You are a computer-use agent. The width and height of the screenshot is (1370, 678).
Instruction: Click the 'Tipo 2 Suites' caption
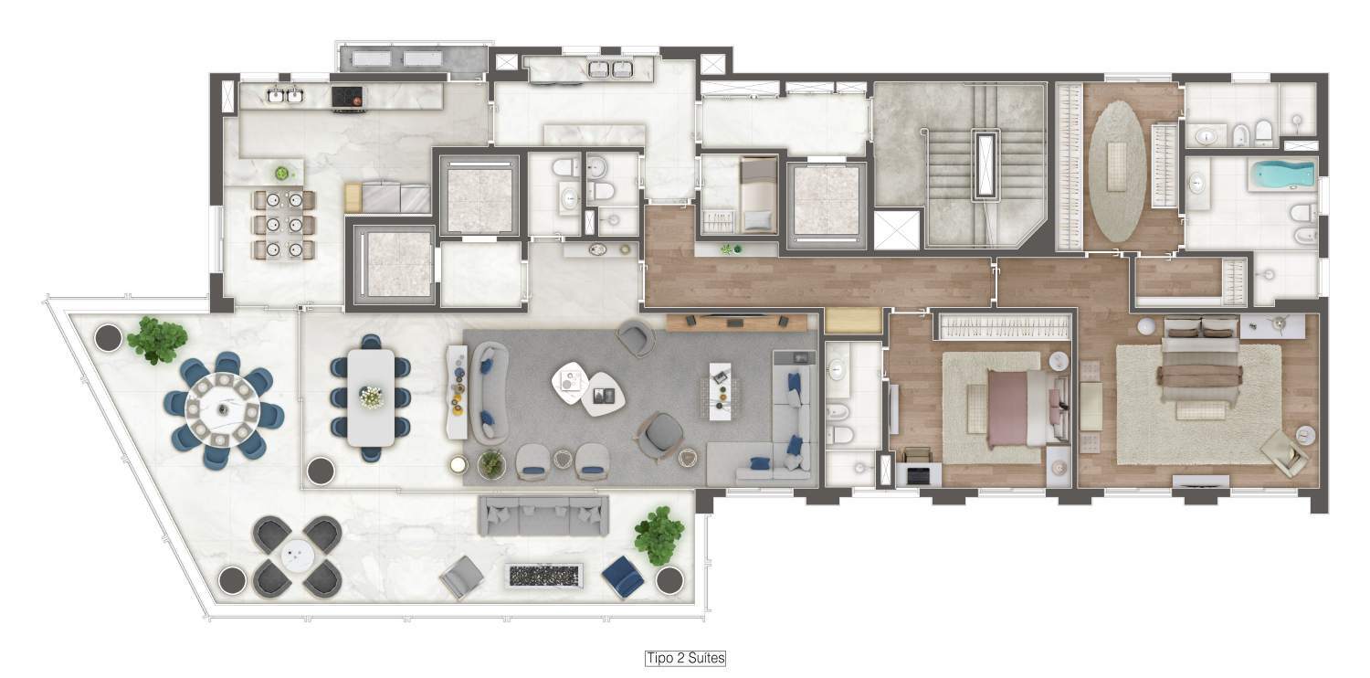coord(686,659)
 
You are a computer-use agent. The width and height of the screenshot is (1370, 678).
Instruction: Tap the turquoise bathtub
coord(1282,175)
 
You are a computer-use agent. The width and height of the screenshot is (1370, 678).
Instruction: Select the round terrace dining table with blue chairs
coord(223,409)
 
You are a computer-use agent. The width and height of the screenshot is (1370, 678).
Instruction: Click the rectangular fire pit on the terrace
coord(543,576)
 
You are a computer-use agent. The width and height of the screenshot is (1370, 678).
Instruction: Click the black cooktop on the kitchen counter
coord(347,97)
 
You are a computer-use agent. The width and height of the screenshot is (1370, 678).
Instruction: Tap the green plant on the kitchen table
coord(280,174)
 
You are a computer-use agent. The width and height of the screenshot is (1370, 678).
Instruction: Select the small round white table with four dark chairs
coord(297,556)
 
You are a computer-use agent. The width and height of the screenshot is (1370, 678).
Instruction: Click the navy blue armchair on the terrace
coord(623,577)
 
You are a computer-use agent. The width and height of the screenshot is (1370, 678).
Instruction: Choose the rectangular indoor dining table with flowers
coord(371,397)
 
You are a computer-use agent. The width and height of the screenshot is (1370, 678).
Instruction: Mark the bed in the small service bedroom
coord(757,196)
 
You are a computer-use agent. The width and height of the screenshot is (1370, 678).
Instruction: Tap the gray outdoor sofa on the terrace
coord(543,515)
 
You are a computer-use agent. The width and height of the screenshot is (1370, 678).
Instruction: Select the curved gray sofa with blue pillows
coord(489,393)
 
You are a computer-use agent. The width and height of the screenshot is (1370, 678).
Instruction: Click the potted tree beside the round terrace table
coord(157,340)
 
